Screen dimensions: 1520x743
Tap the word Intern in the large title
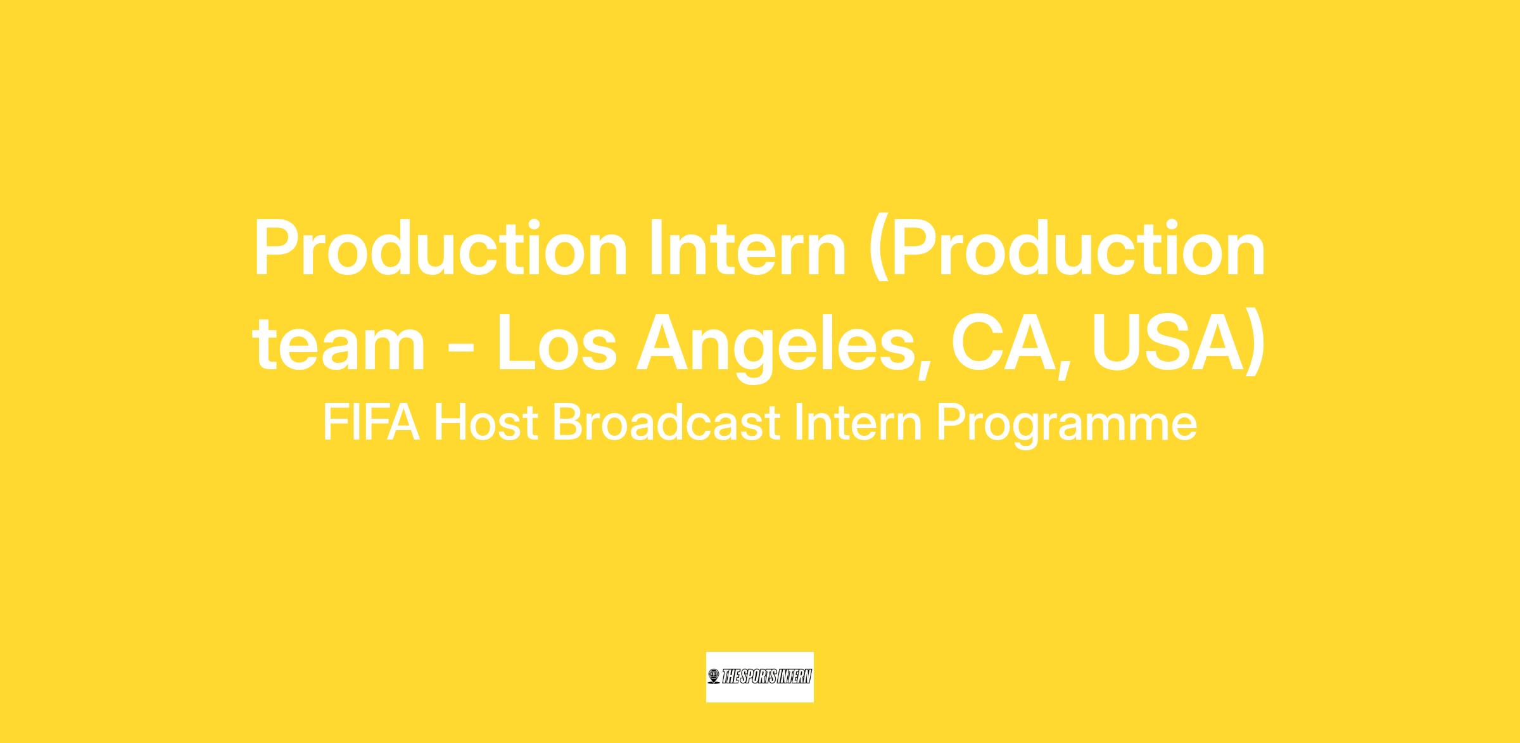[x=747, y=249]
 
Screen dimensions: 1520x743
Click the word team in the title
[x=339, y=344]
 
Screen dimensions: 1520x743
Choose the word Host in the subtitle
[x=486, y=423]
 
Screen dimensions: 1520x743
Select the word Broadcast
[x=666, y=423]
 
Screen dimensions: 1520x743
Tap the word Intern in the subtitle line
[x=858, y=423]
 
